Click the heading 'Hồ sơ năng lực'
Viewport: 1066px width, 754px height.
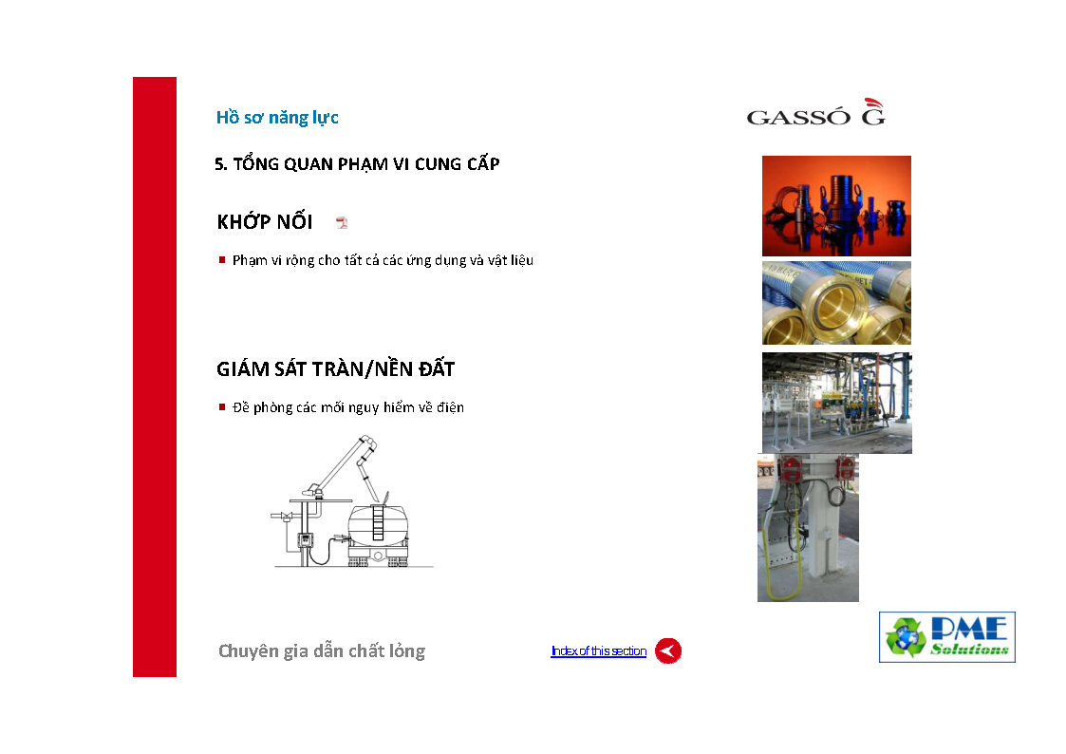tap(276, 118)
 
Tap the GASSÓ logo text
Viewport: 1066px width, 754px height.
tap(798, 118)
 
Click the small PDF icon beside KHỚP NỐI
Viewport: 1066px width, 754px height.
tap(342, 222)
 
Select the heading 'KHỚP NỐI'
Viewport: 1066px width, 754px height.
tap(265, 221)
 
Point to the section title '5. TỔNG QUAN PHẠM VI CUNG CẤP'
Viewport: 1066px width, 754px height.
tap(357, 164)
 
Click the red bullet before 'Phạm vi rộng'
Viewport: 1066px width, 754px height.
tap(221, 259)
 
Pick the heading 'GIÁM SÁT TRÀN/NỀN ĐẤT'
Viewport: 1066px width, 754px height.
tap(335, 368)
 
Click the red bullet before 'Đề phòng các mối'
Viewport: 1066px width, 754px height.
tap(221, 406)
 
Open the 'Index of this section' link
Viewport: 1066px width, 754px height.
tap(598, 650)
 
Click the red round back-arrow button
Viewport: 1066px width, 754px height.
tap(667, 650)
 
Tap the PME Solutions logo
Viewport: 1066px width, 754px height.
tap(947, 637)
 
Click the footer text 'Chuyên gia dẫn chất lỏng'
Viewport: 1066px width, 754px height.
tap(322, 650)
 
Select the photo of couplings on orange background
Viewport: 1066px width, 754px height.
tap(836, 206)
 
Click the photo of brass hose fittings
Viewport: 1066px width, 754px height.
tap(836, 303)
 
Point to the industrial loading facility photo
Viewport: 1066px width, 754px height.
tap(837, 403)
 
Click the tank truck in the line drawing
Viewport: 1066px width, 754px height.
tap(378, 534)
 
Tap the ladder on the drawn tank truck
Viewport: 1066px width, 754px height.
tap(378, 522)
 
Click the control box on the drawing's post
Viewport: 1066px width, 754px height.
tap(306, 541)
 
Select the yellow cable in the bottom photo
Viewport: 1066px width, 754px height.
tap(777, 564)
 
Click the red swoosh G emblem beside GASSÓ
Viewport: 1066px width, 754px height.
tap(873, 111)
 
